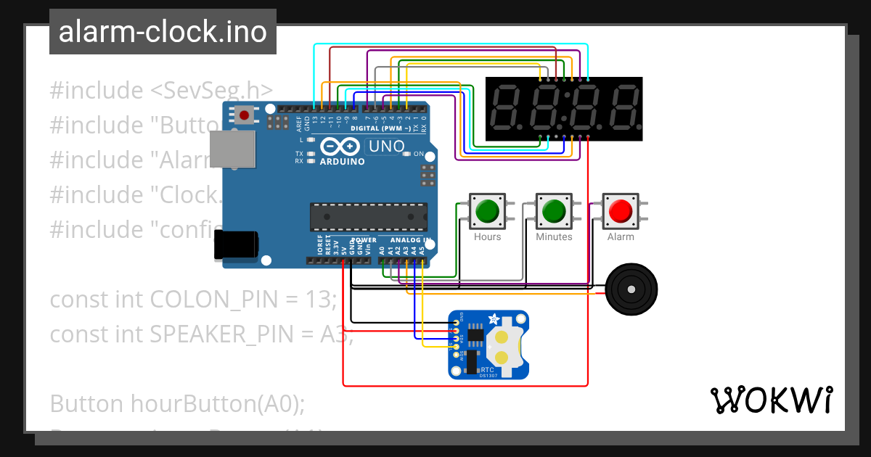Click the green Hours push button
(487, 211)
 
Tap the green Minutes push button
(554, 211)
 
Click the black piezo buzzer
(631, 289)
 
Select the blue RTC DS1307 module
(488, 345)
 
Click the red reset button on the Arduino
(245, 115)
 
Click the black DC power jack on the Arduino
(235, 244)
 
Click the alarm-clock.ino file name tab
(163, 32)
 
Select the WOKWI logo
(771, 400)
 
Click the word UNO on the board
(386, 146)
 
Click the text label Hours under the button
(487, 237)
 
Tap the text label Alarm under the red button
(621, 237)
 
